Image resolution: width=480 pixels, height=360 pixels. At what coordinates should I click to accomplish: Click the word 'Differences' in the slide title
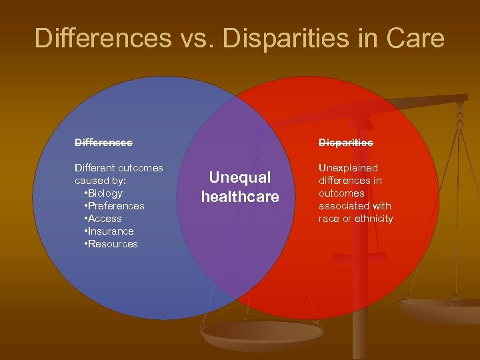(103, 38)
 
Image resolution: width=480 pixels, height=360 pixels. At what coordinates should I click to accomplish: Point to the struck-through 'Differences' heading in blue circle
(103, 142)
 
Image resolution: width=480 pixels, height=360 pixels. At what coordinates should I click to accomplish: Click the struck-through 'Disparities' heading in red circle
(345, 142)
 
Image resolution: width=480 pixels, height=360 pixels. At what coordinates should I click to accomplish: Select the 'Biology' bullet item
(106, 193)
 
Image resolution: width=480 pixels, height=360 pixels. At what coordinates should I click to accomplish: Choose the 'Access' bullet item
(105, 219)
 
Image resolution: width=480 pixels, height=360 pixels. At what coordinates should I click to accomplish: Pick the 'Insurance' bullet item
(111, 231)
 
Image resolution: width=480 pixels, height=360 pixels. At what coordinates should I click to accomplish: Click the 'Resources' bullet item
(113, 244)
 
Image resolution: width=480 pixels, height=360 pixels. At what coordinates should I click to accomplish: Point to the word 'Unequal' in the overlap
(240, 177)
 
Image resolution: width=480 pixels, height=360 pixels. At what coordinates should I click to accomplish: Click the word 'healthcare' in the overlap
(240, 197)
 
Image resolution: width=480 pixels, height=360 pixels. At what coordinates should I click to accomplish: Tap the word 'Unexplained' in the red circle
(348, 168)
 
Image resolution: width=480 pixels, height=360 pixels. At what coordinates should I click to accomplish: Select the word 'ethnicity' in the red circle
(374, 219)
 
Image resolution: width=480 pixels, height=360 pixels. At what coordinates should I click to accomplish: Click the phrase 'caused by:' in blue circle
(99, 181)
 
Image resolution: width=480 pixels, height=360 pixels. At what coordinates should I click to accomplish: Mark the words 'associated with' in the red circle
(355, 206)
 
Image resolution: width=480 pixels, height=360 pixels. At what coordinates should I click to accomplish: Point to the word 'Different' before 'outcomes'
(96, 168)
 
